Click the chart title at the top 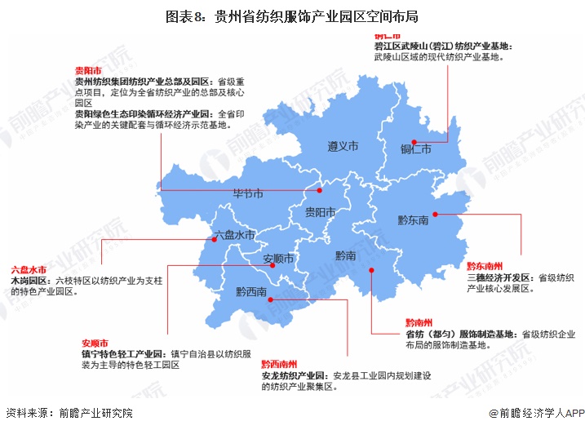(292, 16)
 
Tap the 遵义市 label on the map (343, 147)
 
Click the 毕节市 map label (248, 195)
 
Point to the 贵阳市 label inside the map (320, 213)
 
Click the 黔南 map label (346, 255)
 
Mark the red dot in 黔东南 (435, 215)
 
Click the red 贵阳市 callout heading (87, 71)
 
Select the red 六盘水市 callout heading (29, 269)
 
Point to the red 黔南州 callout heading (423, 323)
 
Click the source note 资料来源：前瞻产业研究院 (69, 414)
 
